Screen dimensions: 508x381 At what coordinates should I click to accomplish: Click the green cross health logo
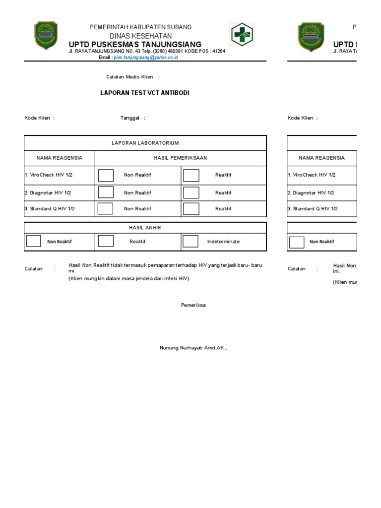242,35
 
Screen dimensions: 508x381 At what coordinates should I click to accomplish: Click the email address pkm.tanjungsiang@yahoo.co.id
146,58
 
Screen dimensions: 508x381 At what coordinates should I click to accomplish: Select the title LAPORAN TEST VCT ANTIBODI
145,93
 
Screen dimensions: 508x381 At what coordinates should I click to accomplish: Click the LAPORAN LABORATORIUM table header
145,143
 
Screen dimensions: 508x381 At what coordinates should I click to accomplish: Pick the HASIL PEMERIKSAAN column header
181,158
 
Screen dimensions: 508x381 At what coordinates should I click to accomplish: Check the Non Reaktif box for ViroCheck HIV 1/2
106,175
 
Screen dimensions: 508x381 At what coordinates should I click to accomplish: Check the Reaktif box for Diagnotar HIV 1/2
191,192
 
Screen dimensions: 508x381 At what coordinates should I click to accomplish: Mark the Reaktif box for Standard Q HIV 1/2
191,208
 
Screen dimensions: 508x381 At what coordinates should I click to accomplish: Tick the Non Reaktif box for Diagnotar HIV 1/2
106,192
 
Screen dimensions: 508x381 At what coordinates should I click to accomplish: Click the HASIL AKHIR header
145,228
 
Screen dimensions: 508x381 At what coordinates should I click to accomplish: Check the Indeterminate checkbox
190,242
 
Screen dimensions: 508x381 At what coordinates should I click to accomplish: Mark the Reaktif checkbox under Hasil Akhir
106,242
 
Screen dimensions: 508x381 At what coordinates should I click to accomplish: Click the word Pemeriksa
193,305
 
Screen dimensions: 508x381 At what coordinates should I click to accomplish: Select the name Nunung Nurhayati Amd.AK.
192,348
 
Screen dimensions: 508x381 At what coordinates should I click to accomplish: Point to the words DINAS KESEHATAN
140,36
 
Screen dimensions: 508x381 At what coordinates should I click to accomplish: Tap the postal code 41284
218,51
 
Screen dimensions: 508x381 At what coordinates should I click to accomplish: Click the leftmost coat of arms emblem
45,36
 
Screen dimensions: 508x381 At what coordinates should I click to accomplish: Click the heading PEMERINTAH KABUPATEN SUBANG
140,27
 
